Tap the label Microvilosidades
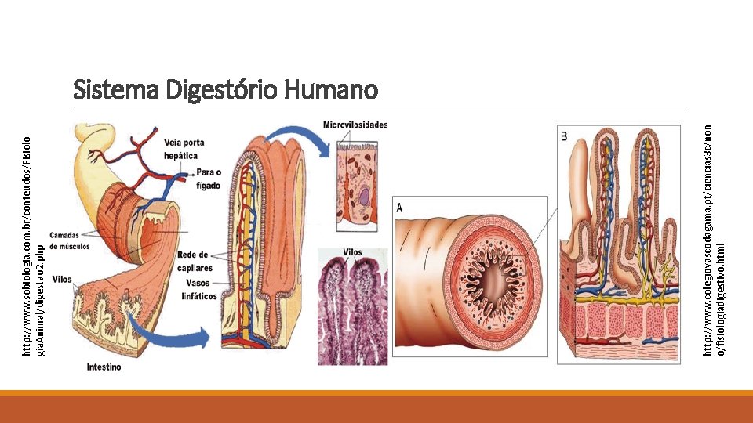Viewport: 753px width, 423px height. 355,125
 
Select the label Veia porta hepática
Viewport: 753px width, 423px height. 185,149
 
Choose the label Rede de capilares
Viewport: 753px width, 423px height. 194,261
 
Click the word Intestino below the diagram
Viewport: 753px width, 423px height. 104,367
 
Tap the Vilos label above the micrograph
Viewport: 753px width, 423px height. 353,253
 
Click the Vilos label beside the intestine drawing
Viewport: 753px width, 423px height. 62,280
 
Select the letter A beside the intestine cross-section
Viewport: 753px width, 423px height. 400,208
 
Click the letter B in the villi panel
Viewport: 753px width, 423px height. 565,136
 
